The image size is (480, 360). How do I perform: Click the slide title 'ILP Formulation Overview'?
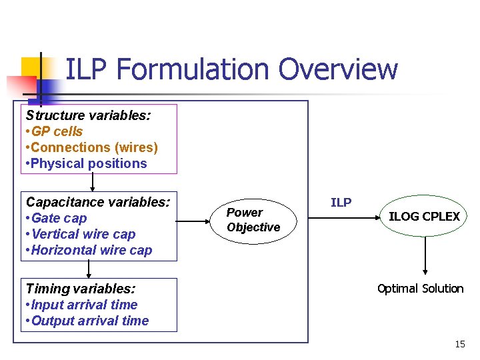click(231, 69)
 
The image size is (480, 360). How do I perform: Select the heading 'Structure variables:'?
click(88, 115)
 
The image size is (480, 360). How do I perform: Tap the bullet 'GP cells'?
click(57, 131)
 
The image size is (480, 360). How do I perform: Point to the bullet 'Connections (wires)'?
click(94, 147)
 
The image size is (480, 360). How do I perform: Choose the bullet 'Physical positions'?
click(89, 163)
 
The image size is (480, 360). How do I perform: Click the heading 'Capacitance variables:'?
click(98, 201)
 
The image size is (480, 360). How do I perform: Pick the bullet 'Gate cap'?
click(59, 218)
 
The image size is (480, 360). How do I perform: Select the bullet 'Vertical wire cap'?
click(83, 234)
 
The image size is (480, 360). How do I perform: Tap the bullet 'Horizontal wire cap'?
click(91, 250)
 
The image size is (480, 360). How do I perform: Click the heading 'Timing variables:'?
click(81, 289)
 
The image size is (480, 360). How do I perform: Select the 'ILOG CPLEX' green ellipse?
click(424, 216)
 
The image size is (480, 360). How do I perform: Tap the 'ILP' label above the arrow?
click(341, 203)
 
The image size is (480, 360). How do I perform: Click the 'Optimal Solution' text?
click(420, 289)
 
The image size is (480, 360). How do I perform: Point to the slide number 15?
click(459, 344)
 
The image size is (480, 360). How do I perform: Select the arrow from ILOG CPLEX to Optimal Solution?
click(425, 256)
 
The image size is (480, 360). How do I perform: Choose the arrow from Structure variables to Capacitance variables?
click(92, 182)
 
